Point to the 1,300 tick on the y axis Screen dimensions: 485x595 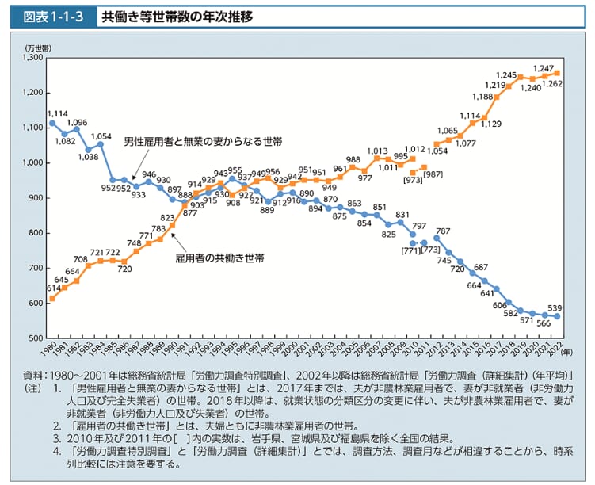click(x=35, y=58)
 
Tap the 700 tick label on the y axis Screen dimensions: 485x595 click(x=38, y=268)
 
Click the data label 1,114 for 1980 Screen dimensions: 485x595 click(x=57, y=113)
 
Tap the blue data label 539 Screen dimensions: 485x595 click(x=556, y=307)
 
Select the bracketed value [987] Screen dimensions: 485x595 click(x=433, y=174)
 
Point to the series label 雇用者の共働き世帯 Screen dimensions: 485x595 click(x=219, y=258)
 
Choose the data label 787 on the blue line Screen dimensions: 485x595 click(x=443, y=231)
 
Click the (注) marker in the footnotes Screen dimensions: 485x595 click(x=32, y=388)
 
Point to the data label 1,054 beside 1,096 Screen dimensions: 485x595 click(x=101, y=136)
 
